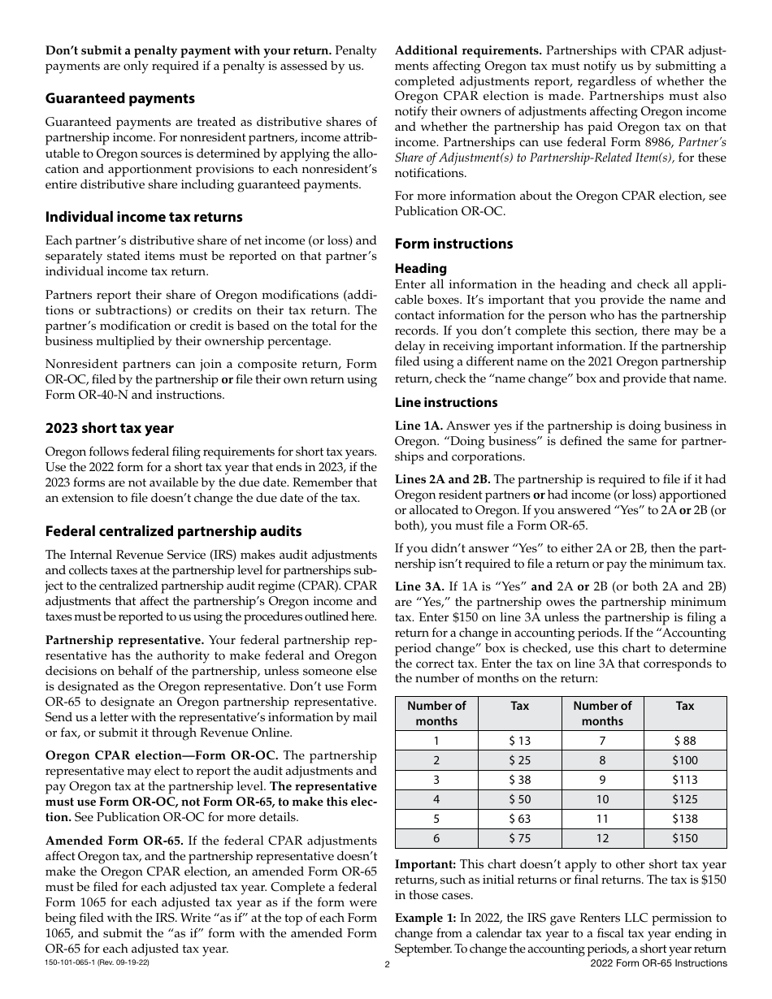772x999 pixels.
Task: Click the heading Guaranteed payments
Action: pos(120,98)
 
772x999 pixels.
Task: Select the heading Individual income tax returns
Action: pos(144,217)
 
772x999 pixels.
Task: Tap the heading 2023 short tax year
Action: pos(110,428)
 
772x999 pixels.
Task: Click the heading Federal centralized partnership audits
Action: pos(173,531)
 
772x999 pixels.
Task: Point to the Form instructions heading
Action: pos(453,244)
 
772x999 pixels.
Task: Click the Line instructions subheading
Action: pos(446,403)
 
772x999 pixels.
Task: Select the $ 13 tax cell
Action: pos(519,741)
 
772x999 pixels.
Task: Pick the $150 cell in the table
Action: pos(684,839)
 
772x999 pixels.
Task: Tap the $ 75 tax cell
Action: pos(519,839)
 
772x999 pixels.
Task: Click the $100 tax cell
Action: pos(684,760)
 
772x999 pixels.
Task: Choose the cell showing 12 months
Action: pos(601,839)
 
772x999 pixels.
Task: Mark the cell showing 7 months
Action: pos(601,741)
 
